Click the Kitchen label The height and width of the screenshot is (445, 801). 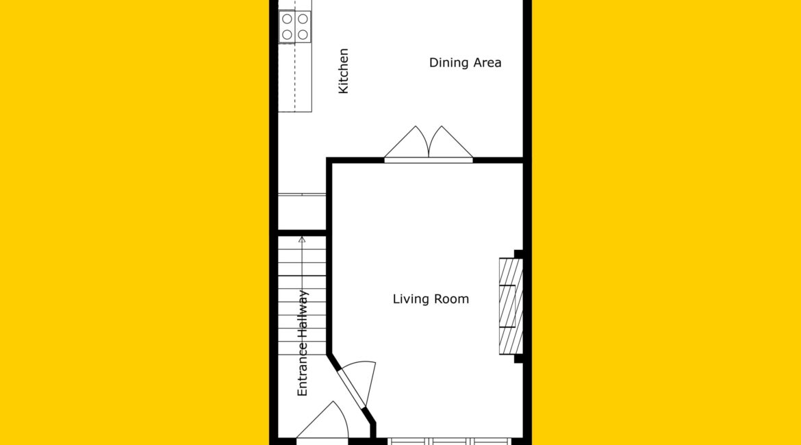343,71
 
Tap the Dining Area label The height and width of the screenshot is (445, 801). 465,62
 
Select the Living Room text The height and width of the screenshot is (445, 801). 431,299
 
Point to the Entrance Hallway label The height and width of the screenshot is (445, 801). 303,343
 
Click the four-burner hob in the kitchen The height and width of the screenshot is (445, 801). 295,27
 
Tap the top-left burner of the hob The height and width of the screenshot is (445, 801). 287,19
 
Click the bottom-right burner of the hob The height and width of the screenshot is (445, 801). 303,35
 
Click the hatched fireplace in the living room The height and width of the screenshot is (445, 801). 511,306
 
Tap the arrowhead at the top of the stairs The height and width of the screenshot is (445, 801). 302,239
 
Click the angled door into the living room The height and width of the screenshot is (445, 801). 357,384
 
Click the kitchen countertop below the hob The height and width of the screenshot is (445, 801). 295,77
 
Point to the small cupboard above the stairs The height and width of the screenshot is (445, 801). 302,212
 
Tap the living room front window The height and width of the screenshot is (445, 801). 450,442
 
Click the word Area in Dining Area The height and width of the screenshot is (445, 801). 487,62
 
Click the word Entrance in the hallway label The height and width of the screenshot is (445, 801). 303,369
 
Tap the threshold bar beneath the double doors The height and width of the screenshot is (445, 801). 429,160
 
